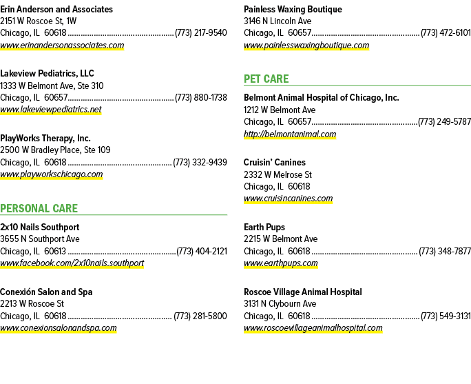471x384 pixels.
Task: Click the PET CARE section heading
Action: pyautogui.click(x=266, y=79)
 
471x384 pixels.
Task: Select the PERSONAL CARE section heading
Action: pyautogui.click(x=39, y=208)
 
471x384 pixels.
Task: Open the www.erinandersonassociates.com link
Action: pyautogui.click(x=62, y=46)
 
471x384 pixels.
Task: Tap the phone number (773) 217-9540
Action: pyautogui.click(x=200, y=33)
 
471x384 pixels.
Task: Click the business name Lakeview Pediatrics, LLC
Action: pyautogui.click(x=47, y=73)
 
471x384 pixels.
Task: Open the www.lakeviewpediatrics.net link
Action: pyautogui.click(x=51, y=110)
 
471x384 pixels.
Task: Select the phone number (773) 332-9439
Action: pyautogui.click(x=200, y=163)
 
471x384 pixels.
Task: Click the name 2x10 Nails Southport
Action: pyautogui.click(x=40, y=227)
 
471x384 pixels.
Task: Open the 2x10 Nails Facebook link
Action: pyautogui.click(x=72, y=263)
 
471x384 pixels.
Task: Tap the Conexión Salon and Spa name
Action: pyautogui.click(x=46, y=292)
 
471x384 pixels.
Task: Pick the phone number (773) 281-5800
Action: pyautogui.click(x=200, y=316)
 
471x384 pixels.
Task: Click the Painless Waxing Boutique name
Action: pyautogui.click(x=293, y=10)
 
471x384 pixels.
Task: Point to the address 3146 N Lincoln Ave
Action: pyautogui.click(x=278, y=21)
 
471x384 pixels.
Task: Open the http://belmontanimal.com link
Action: pyautogui.click(x=290, y=134)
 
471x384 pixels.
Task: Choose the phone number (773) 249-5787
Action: pyautogui.click(x=444, y=122)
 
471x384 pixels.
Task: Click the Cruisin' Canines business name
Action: pyautogui.click(x=275, y=163)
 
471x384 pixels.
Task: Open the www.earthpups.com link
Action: pyautogui.click(x=281, y=263)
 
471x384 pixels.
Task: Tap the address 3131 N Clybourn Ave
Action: pyautogui.click(x=280, y=304)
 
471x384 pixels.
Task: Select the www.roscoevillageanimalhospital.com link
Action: pyautogui.click(x=313, y=328)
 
